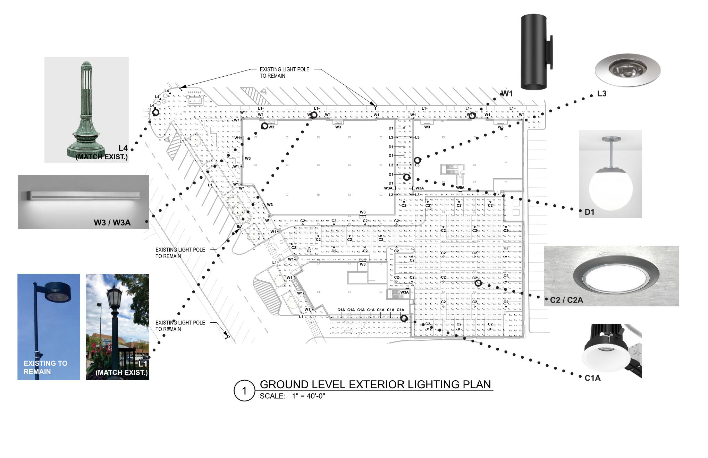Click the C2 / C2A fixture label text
click(566, 300)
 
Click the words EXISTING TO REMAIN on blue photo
click(45, 367)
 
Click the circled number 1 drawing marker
click(244, 391)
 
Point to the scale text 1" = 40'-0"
click(309, 396)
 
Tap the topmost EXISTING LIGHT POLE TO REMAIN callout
click(284, 73)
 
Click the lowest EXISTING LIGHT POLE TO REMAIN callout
click(180, 326)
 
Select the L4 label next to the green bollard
click(123, 149)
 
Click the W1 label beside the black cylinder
click(507, 94)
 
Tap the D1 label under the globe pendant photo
click(589, 212)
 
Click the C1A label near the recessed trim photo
click(592, 378)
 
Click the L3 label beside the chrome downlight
click(601, 94)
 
